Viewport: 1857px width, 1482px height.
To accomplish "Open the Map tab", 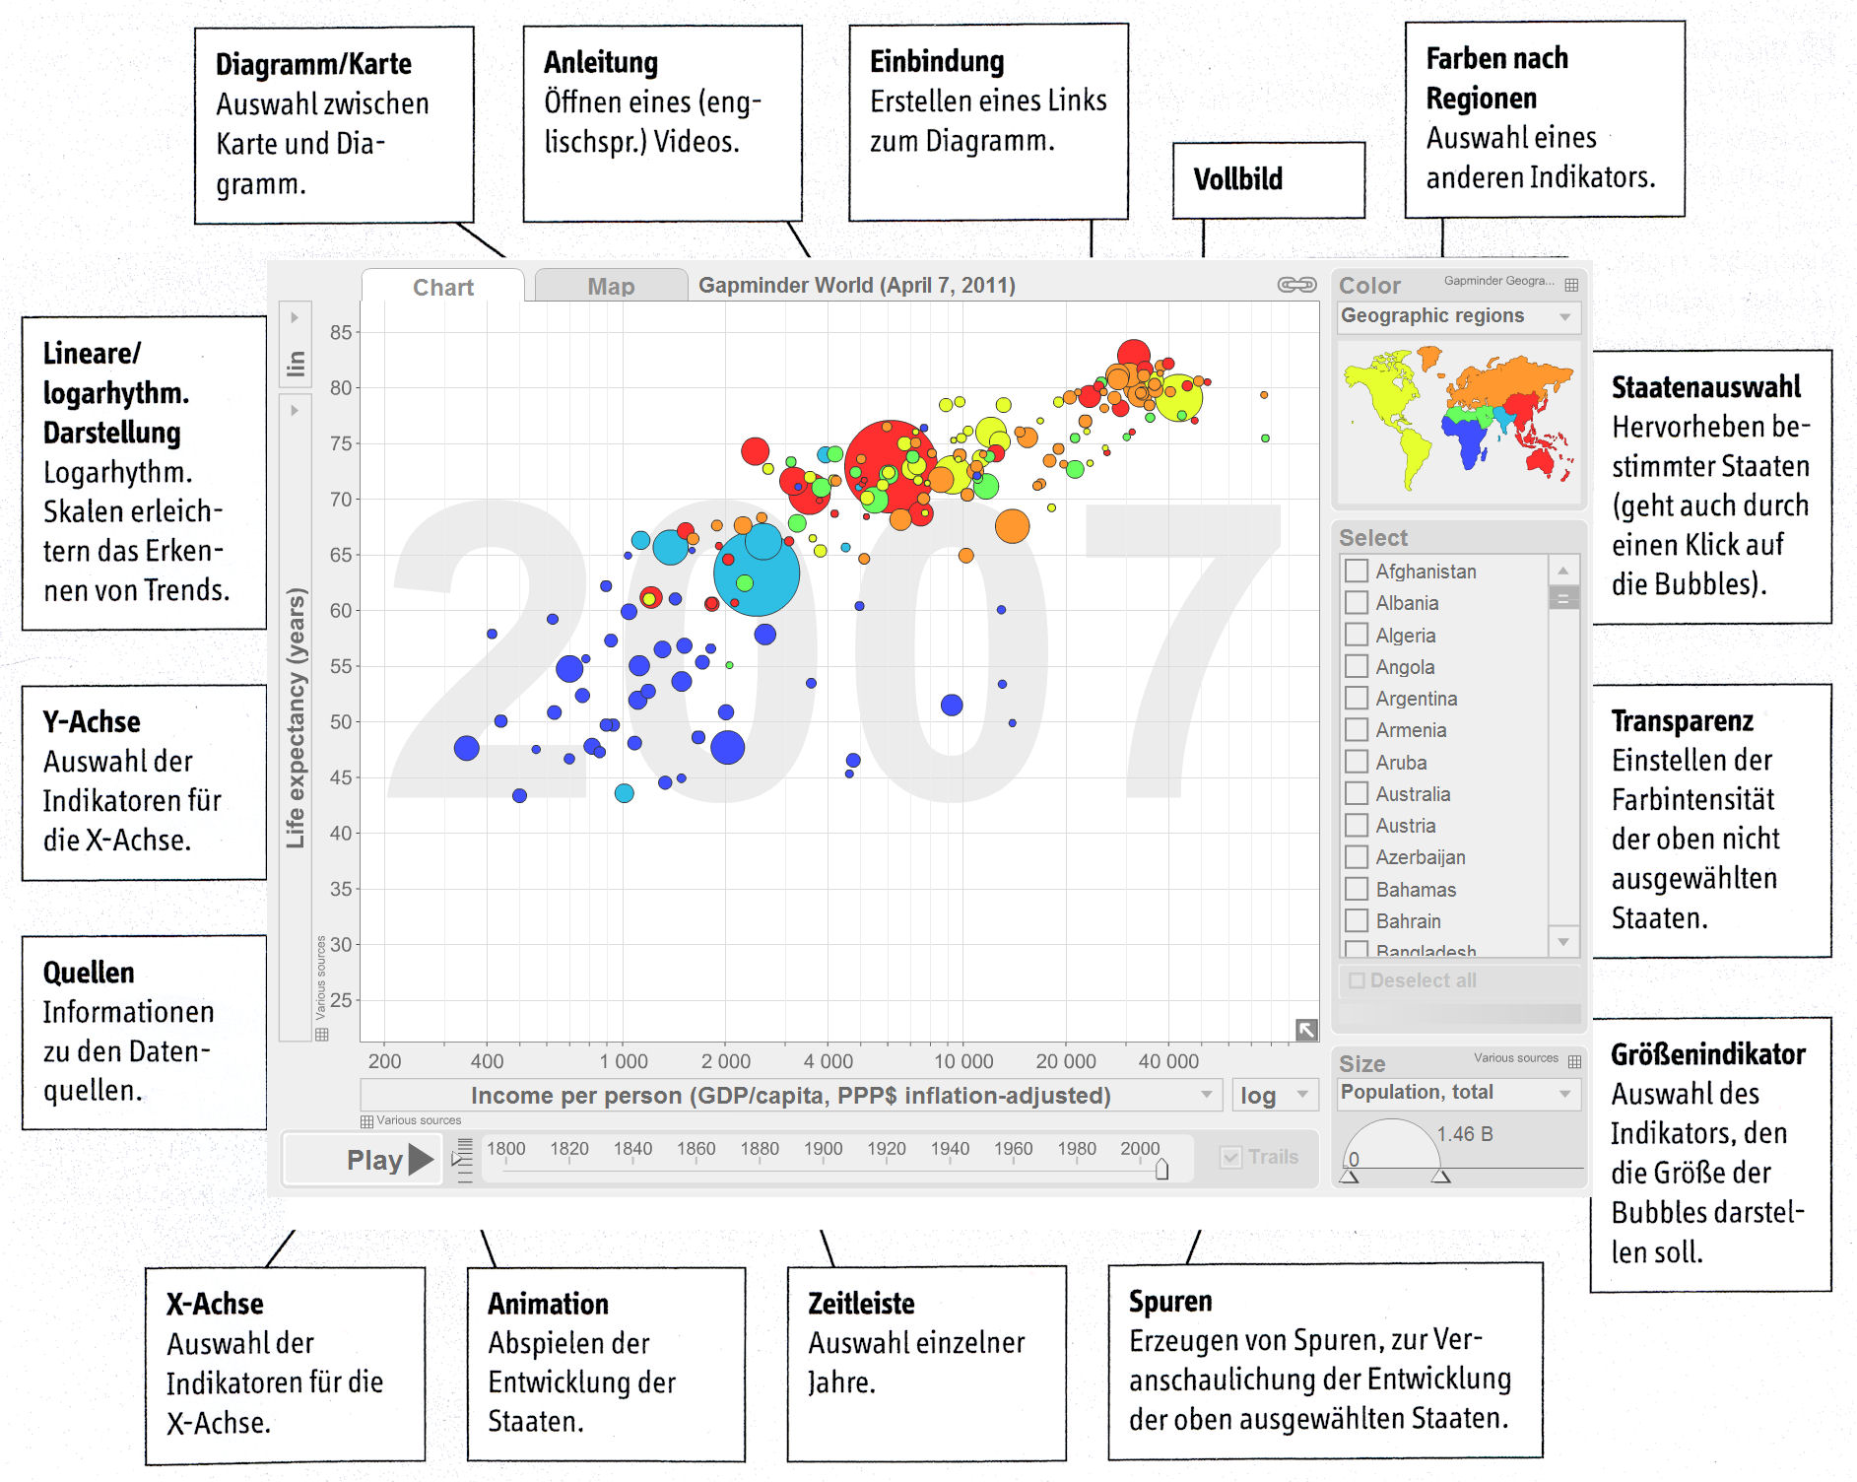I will (x=611, y=287).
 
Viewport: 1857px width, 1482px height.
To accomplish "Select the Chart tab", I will (x=442, y=287).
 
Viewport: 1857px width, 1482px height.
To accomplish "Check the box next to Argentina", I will (x=1357, y=699).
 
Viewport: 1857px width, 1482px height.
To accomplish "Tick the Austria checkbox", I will (x=1357, y=826).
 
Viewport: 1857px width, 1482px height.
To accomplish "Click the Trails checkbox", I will (x=1231, y=1157).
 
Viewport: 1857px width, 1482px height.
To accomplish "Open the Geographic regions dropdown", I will (x=1458, y=316).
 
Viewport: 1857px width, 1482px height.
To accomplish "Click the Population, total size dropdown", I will (x=1458, y=1093).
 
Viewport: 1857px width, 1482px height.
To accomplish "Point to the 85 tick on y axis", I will (x=341, y=333).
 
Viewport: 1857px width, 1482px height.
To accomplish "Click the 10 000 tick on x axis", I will (x=963, y=1061).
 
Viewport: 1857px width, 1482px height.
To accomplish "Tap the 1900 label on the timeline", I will (x=823, y=1149).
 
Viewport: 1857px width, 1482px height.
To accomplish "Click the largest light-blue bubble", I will (x=757, y=573).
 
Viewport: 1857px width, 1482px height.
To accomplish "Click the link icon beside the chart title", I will (x=1296, y=285).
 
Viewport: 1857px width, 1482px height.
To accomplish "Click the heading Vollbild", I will (x=1237, y=179).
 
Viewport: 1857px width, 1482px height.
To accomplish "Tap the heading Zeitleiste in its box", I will (x=861, y=1304).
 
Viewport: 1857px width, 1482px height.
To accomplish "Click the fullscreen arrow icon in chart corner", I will (x=1306, y=1030).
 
